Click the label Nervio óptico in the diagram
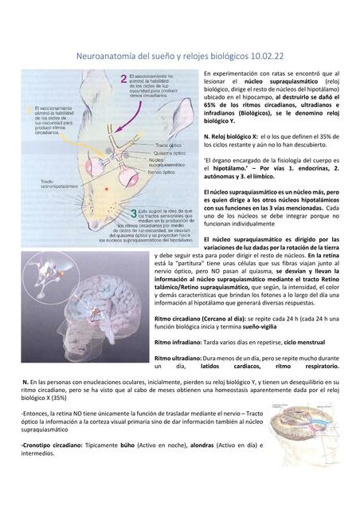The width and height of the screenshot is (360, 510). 164,171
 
